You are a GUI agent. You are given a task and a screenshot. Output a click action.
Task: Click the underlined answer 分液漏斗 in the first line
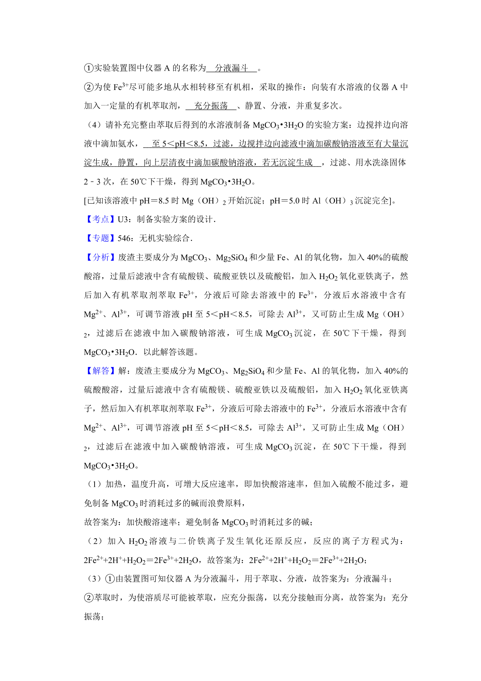(232, 68)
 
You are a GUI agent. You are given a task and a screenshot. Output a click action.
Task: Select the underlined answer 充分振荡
(211, 106)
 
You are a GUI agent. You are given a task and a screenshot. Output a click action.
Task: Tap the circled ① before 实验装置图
(88, 68)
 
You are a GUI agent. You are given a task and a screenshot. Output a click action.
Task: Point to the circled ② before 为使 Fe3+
(88, 87)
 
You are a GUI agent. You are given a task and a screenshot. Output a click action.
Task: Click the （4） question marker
(94, 125)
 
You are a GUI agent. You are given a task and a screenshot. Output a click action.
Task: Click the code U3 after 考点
(122, 219)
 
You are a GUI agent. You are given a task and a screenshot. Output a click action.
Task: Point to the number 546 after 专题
(124, 238)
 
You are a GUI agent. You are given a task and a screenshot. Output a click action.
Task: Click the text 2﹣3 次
(97, 182)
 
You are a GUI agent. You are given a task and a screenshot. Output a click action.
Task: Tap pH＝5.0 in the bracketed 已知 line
(284, 201)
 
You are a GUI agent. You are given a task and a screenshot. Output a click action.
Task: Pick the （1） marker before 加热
(94, 484)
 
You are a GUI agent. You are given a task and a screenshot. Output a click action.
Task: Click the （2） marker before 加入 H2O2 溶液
(95, 541)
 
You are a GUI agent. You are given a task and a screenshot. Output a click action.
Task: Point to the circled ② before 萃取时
(88, 598)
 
